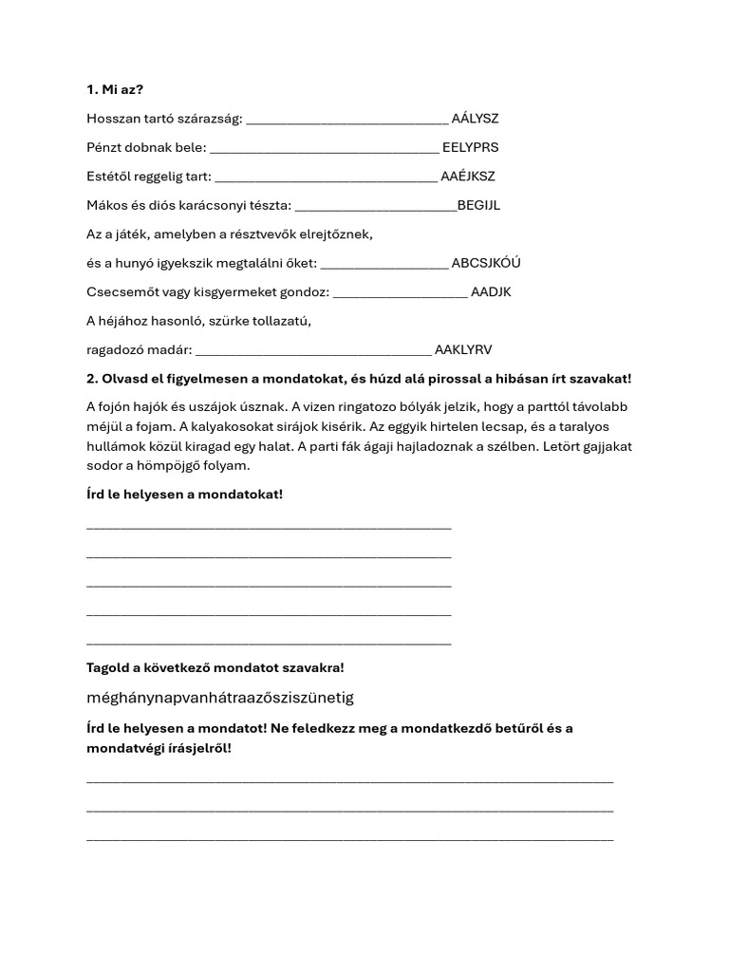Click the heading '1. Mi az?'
(115, 89)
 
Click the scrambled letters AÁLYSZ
(475, 119)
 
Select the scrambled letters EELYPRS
(470, 147)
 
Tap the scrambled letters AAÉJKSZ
(468, 177)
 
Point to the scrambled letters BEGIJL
(478, 205)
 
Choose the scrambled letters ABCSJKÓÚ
(486, 263)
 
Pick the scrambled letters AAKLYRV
(463, 349)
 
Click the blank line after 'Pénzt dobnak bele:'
(323, 149)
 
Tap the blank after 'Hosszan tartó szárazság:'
(346, 121)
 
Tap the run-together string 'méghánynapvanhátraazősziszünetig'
(219, 698)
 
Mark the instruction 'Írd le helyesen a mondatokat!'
(184, 495)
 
